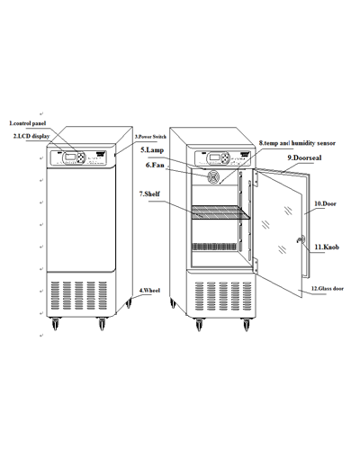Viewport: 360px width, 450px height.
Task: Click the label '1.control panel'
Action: (x=28, y=123)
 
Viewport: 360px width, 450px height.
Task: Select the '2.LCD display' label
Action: (x=31, y=136)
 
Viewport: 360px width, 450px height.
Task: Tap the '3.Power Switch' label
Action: (x=150, y=137)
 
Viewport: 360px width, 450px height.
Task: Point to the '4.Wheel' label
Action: (x=149, y=291)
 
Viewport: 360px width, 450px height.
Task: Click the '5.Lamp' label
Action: (x=152, y=150)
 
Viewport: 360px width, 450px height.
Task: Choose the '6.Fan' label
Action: (x=155, y=165)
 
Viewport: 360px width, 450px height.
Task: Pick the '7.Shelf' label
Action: (x=149, y=193)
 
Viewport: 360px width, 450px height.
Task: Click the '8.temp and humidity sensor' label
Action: (x=297, y=143)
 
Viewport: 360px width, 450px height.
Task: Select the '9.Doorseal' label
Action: (x=304, y=157)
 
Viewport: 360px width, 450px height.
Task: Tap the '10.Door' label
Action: (x=325, y=203)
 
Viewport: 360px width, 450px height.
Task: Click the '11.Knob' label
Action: (x=327, y=247)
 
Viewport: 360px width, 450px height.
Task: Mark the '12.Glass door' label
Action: (x=328, y=289)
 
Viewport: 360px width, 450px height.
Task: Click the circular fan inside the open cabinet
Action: (x=213, y=177)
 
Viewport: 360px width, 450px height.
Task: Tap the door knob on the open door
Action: (x=300, y=239)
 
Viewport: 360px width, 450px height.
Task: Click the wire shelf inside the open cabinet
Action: (x=220, y=212)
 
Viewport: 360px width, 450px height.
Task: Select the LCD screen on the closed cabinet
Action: (x=70, y=157)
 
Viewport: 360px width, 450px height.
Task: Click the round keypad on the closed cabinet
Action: (x=80, y=157)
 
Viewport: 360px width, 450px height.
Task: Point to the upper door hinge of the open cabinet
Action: (x=256, y=178)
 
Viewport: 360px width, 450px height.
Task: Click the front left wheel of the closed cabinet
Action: (x=55, y=324)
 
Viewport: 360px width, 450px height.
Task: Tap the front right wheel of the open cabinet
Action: (x=247, y=325)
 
